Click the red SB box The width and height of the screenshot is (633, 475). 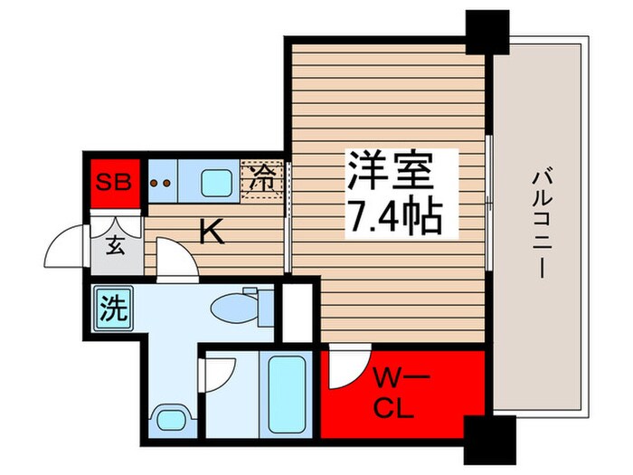(x=114, y=181)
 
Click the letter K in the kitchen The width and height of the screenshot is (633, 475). (x=210, y=234)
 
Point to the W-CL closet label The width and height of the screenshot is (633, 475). (x=395, y=386)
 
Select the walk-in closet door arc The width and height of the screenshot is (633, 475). (x=344, y=366)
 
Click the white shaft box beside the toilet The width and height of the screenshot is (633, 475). (x=295, y=313)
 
